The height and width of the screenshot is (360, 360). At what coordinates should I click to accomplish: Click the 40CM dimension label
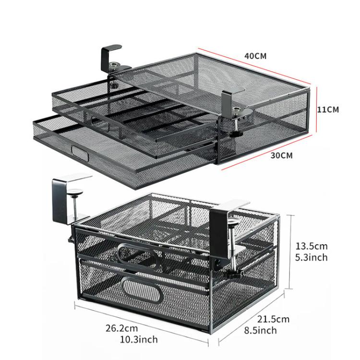(255, 56)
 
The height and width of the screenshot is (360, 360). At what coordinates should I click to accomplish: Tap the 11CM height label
(328, 109)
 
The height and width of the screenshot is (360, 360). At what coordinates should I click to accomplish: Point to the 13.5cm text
(311, 247)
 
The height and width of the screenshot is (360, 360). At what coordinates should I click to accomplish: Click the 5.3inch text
(311, 257)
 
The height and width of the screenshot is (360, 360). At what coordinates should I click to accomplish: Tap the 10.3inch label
(140, 339)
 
